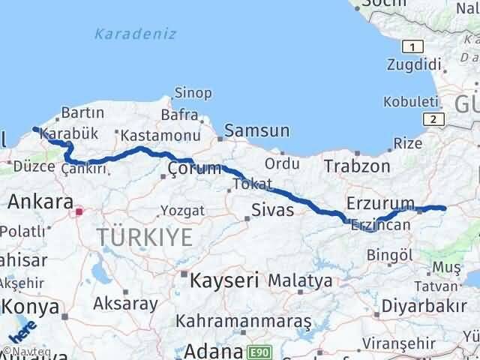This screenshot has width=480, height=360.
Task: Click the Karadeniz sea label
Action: click(136, 34)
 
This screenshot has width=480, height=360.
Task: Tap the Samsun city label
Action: click(257, 131)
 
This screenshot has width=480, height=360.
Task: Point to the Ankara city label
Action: click(40, 201)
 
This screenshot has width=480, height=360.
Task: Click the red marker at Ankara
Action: click(78, 212)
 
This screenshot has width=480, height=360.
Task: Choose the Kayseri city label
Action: click(224, 281)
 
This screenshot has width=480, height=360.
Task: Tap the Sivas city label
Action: click(272, 209)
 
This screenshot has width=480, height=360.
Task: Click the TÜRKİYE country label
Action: click(144, 239)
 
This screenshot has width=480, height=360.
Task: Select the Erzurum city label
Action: click(380, 202)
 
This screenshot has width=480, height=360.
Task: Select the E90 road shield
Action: click(258, 350)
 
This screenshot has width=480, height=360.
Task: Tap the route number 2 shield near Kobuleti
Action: click(433, 119)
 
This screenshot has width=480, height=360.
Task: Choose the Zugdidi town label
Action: click(412, 64)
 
